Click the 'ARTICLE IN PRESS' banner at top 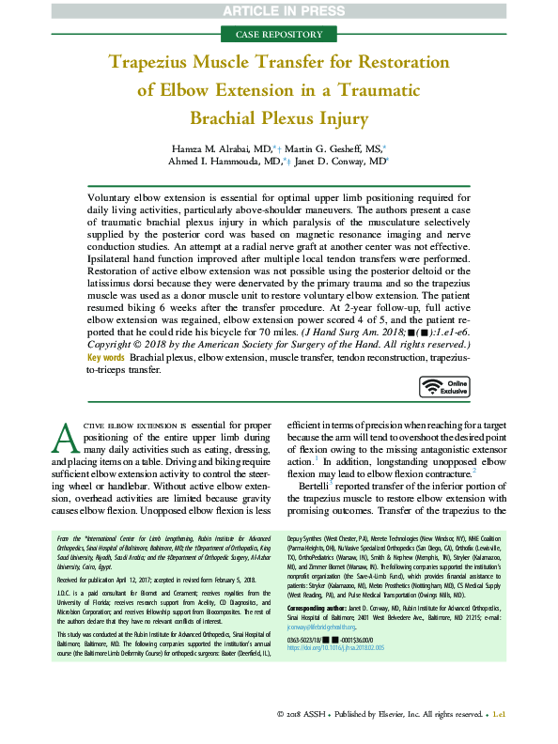tap(279, 10)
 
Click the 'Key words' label tap(105, 384)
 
